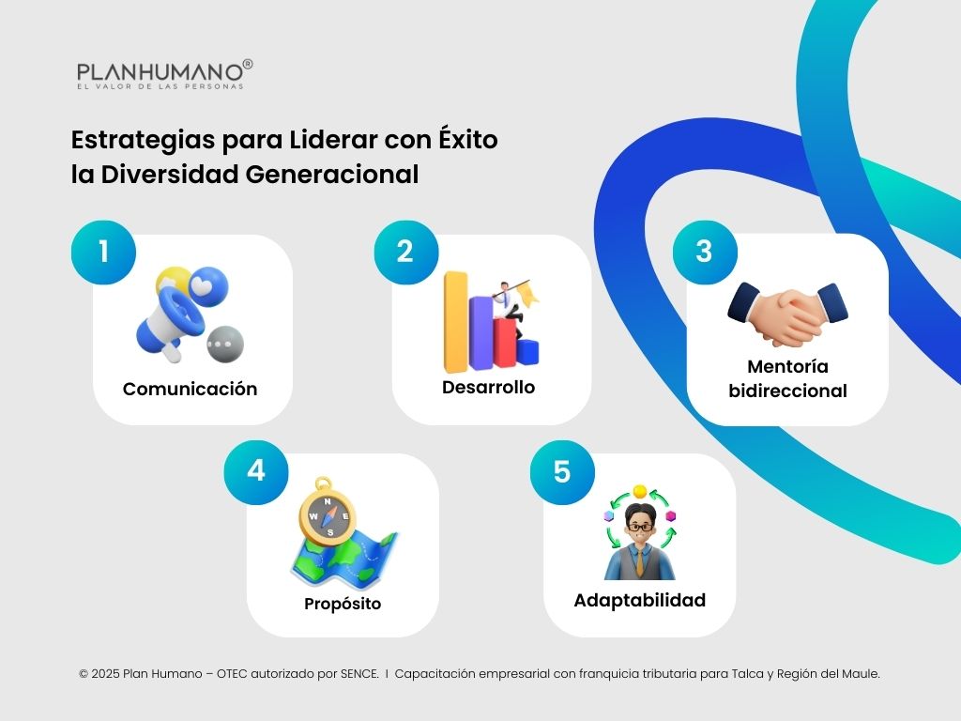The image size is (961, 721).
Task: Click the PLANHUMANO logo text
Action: [x=160, y=71]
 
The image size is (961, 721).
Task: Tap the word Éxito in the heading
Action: [x=467, y=141]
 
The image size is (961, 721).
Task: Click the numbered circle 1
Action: [x=103, y=252]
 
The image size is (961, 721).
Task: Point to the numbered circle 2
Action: [x=405, y=252]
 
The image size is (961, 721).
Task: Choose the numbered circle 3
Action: [x=704, y=252]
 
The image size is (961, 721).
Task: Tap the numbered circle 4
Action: [x=256, y=471]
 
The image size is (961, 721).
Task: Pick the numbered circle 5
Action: [x=561, y=471]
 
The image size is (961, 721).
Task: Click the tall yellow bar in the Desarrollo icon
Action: [x=456, y=319]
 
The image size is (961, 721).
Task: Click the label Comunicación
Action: [x=190, y=389]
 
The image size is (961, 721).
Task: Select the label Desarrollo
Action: [x=489, y=388]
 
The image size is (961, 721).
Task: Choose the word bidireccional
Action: [x=787, y=391]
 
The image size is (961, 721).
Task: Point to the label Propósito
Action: [x=343, y=604]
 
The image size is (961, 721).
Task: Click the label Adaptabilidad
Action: [x=639, y=600]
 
